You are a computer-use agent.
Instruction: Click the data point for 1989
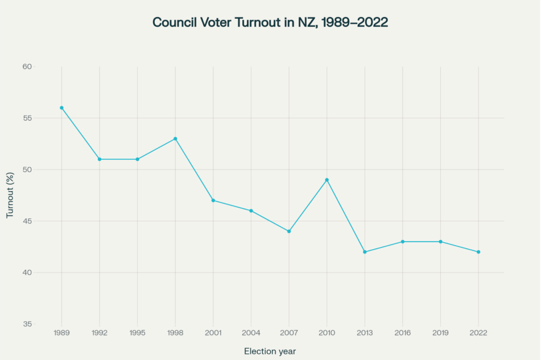61,107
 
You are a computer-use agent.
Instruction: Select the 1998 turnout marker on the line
175,139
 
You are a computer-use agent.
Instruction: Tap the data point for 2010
327,180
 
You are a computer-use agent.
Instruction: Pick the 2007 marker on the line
289,231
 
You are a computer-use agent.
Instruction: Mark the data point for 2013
365,252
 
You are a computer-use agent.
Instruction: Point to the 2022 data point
478,252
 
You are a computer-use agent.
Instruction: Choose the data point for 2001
213,200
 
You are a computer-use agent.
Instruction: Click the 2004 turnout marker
251,211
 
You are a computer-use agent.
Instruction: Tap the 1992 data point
100,159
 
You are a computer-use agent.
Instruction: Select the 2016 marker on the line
403,242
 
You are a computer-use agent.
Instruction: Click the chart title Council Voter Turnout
270,22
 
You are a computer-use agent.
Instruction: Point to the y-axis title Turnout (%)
10,195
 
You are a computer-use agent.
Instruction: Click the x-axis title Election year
270,351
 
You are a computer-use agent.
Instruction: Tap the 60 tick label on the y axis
27,67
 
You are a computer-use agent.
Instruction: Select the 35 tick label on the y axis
27,324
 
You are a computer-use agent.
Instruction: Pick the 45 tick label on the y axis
27,221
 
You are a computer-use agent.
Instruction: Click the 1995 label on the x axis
137,333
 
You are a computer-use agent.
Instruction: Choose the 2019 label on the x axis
440,333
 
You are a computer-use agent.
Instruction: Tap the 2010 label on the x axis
327,333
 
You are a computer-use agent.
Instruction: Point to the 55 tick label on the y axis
27,118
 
